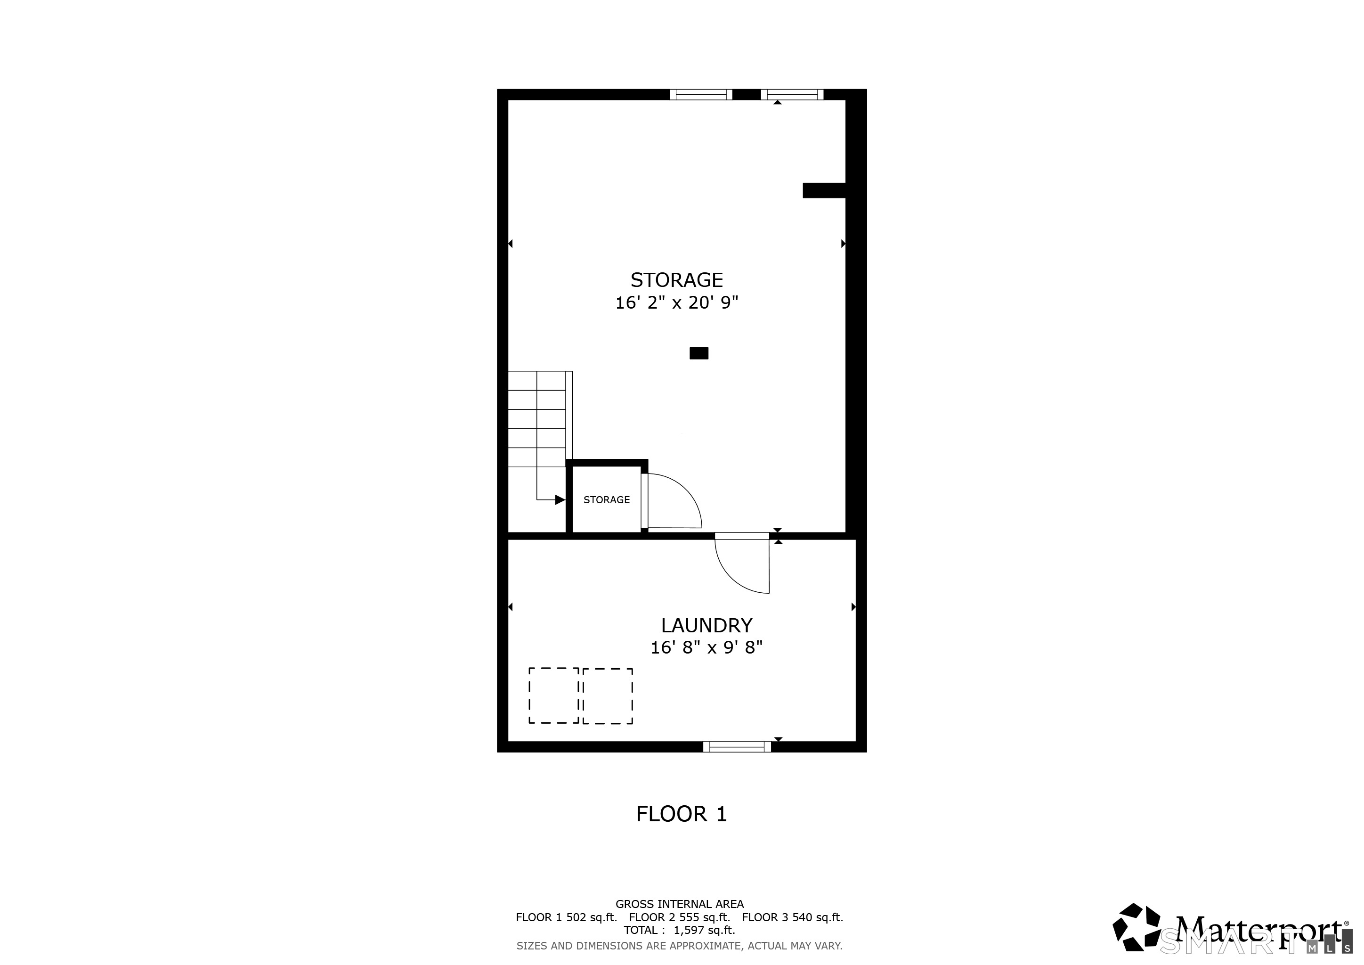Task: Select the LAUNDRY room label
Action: coord(706,625)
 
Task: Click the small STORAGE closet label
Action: coord(606,500)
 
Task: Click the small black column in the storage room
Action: coord(698,353)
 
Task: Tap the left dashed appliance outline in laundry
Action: coord(554,696)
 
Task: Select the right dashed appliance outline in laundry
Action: coord(608,696)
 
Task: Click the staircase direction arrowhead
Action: coord(560,500)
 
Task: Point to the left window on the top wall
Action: coord(701,95)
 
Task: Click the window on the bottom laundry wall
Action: coord(737,747)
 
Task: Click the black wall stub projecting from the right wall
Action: coord(824,190)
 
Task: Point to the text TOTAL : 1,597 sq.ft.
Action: coord(679,930)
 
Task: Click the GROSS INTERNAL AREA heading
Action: coord(679,904)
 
